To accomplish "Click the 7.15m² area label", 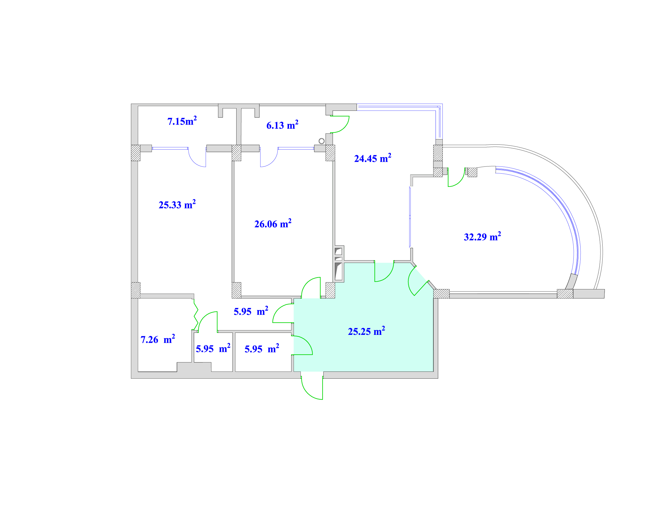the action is [182, 121].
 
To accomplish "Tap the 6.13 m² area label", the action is [282, 125].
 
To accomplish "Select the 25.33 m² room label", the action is [177, 204].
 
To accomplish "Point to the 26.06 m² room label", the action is [273, 223].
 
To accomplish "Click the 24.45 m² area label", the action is [372, 158].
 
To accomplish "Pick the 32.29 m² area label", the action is [482, 236].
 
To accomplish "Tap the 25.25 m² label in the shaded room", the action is [366, 331].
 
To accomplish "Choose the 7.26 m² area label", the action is [158, 339].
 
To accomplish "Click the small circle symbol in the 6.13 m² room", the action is [321, 141].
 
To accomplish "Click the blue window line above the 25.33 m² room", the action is [170, 148].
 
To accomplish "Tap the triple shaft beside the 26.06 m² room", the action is [339, 264].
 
